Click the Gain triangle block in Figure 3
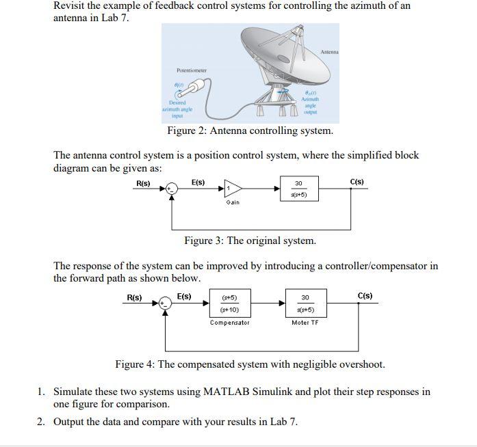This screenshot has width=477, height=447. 233,189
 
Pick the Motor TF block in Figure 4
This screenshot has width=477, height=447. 305,304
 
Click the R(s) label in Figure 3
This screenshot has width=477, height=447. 143,182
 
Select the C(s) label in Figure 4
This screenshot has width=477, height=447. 365,296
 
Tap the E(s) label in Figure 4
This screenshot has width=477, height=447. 184,296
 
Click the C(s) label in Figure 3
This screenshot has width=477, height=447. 357,182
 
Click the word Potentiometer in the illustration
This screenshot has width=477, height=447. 191,70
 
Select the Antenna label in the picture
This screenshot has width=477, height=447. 329,52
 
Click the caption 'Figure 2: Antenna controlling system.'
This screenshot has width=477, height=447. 250,131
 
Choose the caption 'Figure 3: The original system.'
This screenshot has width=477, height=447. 250,241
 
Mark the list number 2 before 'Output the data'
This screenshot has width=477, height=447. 41,422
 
